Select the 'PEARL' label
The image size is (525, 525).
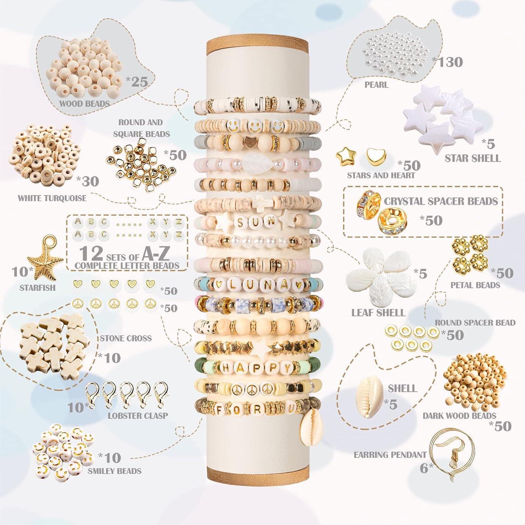pyautogui.click(x=376, y=85)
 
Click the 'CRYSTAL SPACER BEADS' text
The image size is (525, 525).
pyautogui.click(x=441, y=201)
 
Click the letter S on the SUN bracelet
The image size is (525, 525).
pyautogui.click(x=241, y=222)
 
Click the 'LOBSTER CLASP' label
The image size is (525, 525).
pyautogui.click(x=138, y=416)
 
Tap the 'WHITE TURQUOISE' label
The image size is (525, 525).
pyautogui.click(x=52, y=198)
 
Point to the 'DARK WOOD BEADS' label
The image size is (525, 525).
pyautogui.click(x=459, y=416)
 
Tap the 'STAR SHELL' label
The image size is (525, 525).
pyautogui.click(x=472, y=158)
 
